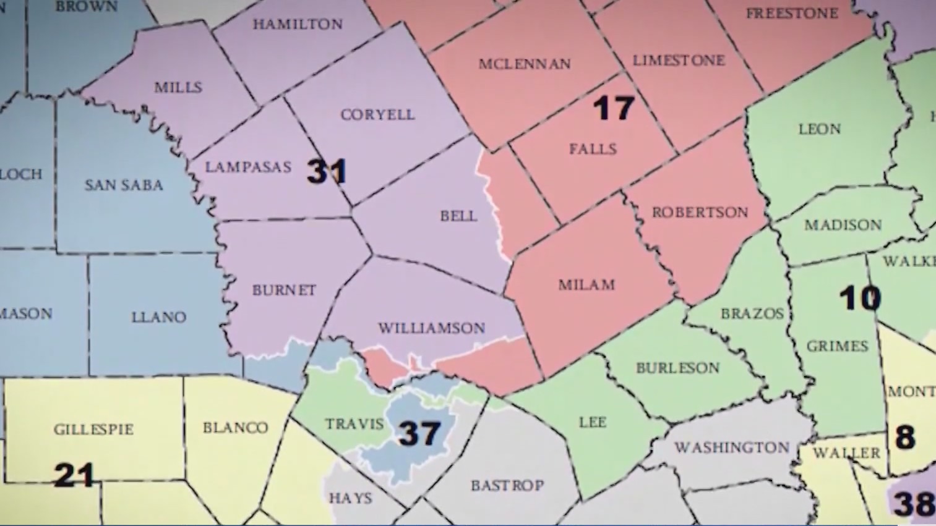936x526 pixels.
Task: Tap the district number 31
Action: point(327,171)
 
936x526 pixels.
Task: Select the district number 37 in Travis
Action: point(420,433)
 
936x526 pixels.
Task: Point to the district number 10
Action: point(860,299)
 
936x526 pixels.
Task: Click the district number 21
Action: point(74,475)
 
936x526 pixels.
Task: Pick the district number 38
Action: point(914,503)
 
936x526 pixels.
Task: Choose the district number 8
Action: point(905,437)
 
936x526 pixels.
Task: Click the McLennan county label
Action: point(525,64)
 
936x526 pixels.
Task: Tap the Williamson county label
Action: point(432,328)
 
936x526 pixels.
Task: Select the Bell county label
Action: point(458,216)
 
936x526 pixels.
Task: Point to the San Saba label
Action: point(124,185)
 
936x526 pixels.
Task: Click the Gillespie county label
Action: point(93,429)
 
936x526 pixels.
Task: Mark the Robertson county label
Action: point(700,212)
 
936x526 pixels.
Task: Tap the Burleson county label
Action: point(677,368)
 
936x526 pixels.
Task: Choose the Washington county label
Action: point(731,447)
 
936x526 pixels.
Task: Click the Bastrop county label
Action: point(507,485)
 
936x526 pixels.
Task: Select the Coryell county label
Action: point(377,114)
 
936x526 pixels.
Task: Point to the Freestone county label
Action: point(792,13)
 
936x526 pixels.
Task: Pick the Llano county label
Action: point(158,317)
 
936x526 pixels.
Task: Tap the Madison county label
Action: point(843,225)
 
